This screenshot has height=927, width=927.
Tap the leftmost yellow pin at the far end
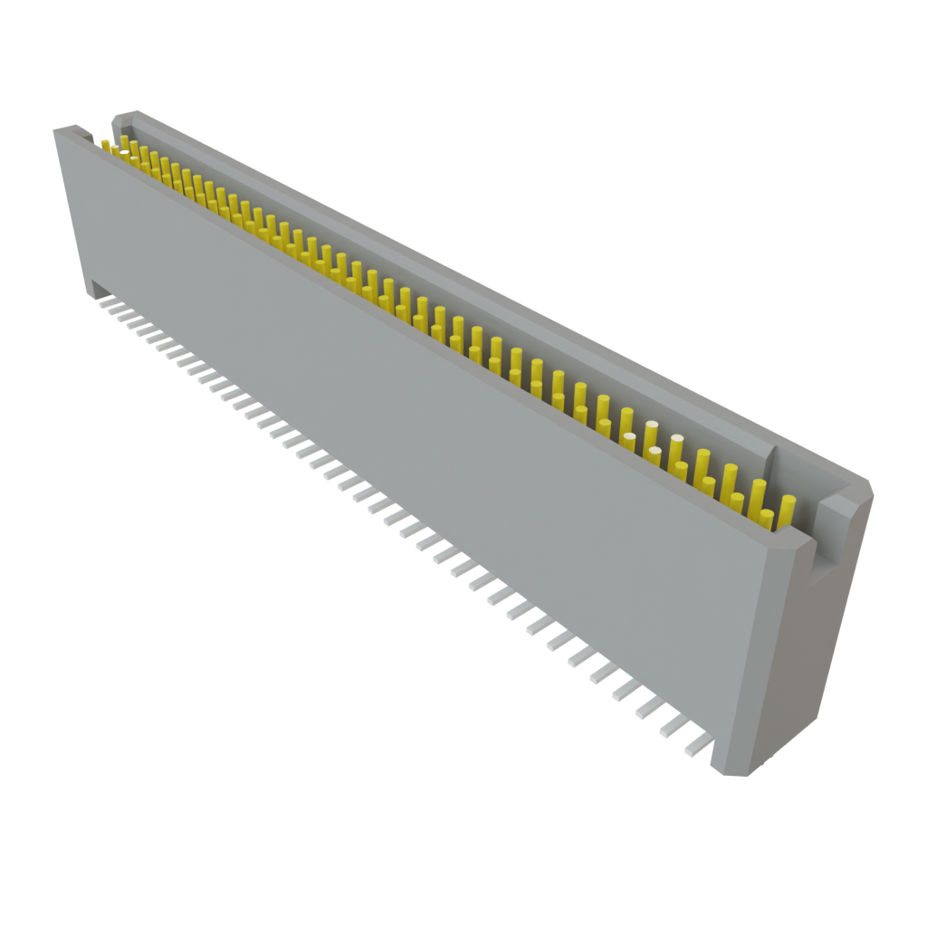click(x=106, y=145)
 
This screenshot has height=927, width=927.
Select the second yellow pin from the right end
click(x=767, y=518)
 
